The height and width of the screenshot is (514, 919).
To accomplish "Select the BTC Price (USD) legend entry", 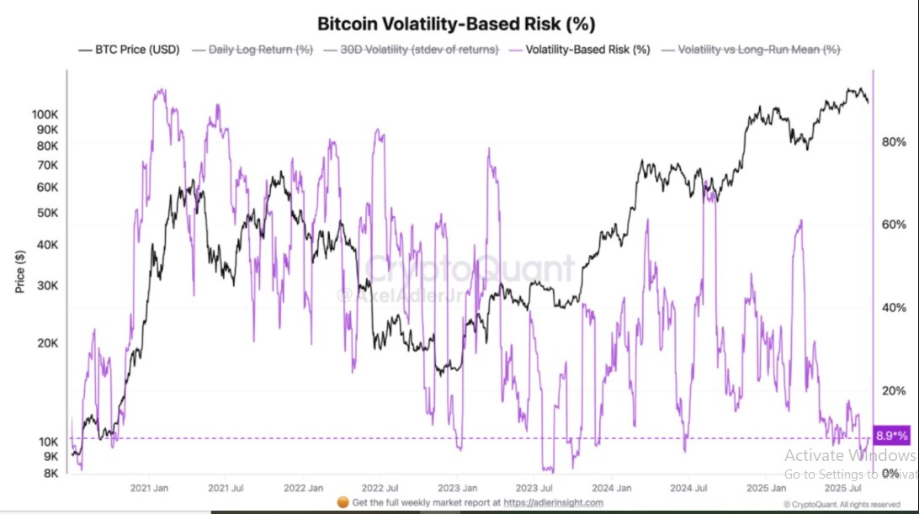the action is (x=129, y=50).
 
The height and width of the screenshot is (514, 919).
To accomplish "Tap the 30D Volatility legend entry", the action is (x=412, y=50).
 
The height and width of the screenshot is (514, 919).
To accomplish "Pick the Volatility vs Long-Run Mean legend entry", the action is (x=752, y=50).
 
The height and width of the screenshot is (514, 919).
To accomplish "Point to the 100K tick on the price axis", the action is (x=45, y=114).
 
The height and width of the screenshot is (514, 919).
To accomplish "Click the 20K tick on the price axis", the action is (x=47, y=343).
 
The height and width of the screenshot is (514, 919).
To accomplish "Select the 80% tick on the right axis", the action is (x=892, y=142).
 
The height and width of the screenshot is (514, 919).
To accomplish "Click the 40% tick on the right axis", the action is (x=892, y=308).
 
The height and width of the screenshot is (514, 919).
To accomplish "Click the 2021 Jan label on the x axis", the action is (x=148, y=488).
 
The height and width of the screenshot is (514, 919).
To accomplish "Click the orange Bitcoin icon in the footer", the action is (x=342, y=502).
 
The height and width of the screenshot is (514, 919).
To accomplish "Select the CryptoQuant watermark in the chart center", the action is (x=470, y=271).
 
